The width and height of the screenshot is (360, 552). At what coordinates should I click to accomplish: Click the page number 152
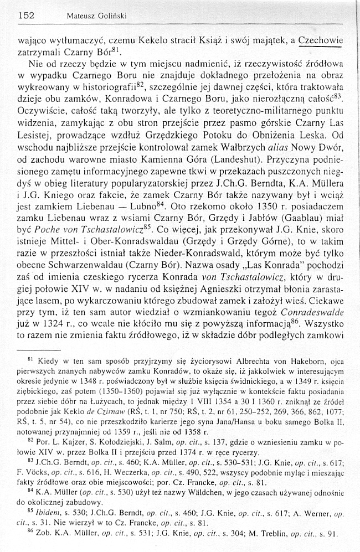click(25, 16)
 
